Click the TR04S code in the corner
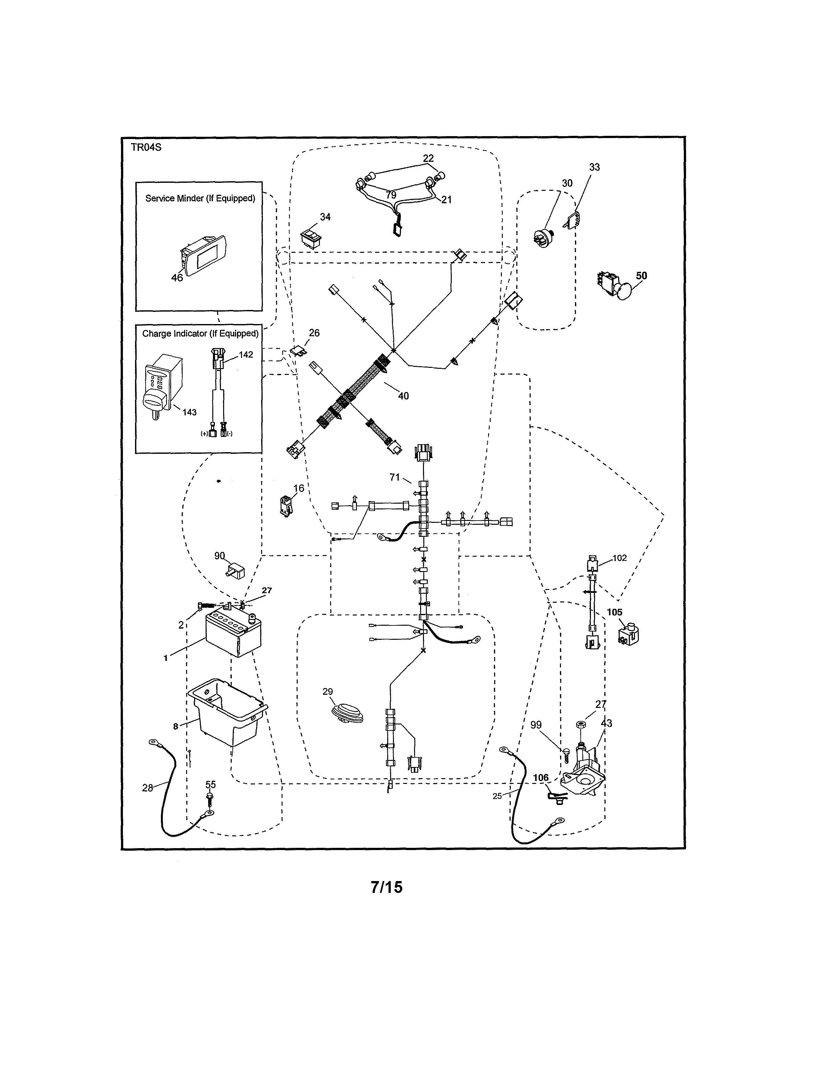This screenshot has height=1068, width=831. pyautogui.click(x=146, y=147)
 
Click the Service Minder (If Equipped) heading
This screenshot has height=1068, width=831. pyautogui.click(x=200, y=198)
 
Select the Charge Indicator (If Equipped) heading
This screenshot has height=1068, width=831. pyautogui.click(x=200, y=334)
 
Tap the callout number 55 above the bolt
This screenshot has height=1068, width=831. pyautogui.click(x=210, y=784)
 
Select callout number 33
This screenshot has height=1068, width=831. pyautogui.click(x=594, y=167)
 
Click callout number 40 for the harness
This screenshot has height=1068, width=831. pyautogui.click(x=403, y=396)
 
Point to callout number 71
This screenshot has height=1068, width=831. pyautogui.click(x=395, y=477)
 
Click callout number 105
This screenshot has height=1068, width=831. pyautogui.click(x=615, y=612)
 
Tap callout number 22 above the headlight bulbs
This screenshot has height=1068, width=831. pyautogui.click(x=428, y=159)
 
